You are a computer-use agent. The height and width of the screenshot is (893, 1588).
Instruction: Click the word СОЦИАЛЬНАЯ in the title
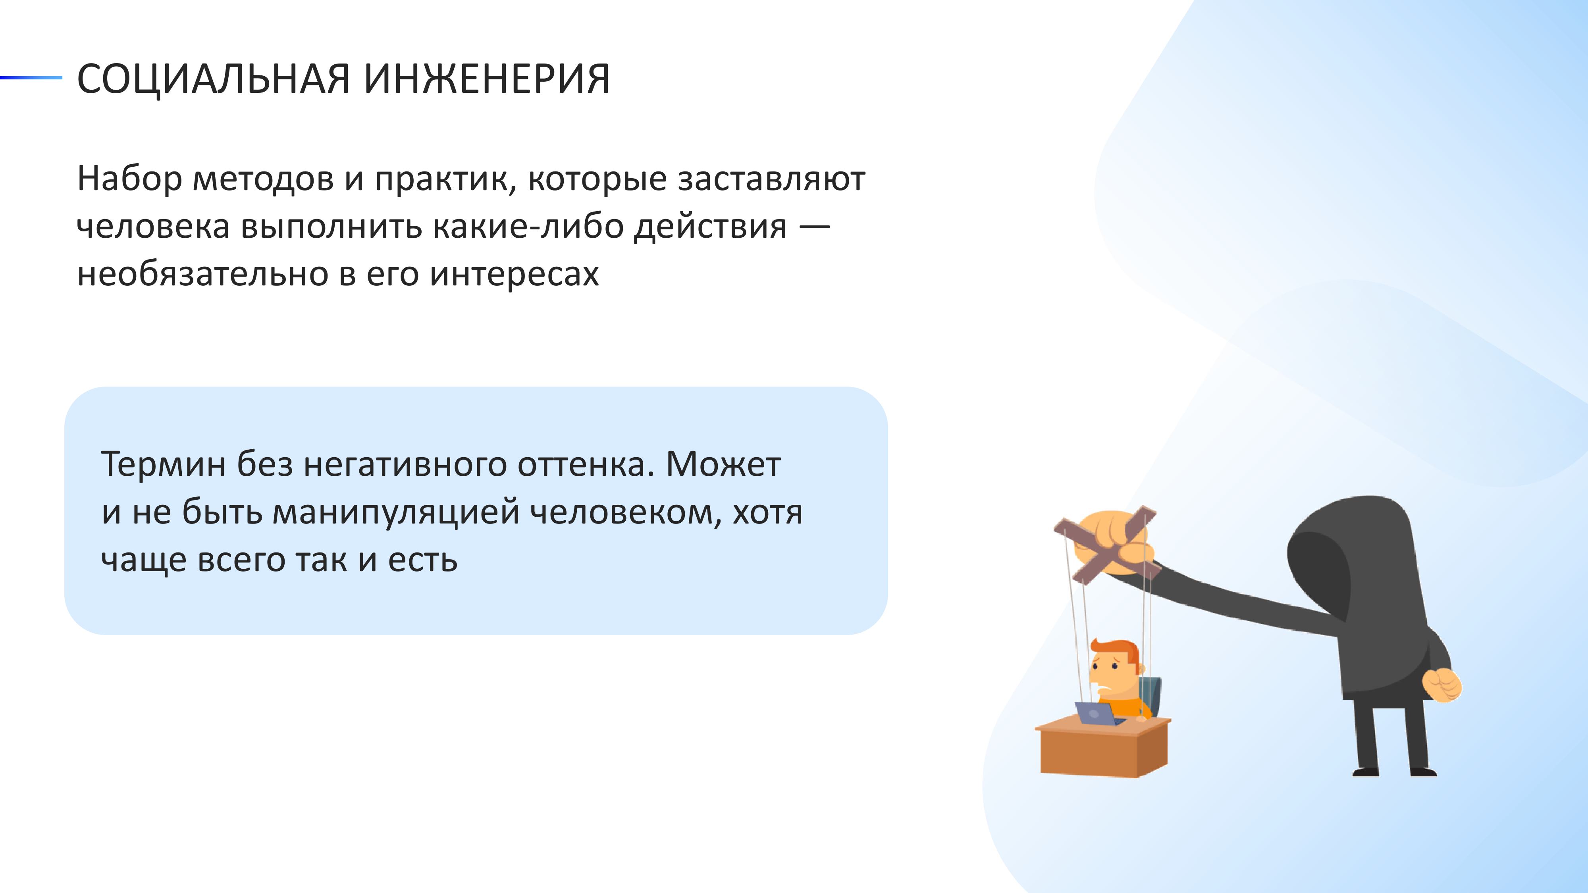click(213, 79)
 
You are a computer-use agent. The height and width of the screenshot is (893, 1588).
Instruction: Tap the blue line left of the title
click(31, 78)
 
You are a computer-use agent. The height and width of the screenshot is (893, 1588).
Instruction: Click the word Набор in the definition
click(129, 178)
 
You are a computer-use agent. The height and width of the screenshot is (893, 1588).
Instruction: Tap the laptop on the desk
click(1098, 714)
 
